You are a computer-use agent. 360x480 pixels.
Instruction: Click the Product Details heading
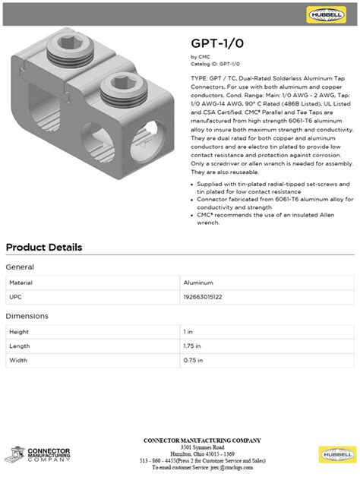tap(44, 248)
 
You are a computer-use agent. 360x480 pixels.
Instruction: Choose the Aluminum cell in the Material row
tap(198, 282)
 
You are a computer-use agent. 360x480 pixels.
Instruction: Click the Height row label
tap(19, 332)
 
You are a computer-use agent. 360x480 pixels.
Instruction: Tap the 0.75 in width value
tap(194, 360)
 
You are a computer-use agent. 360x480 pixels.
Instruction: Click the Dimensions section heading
tap(27, 316)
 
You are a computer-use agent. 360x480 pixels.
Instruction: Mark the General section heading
tap(20, 267)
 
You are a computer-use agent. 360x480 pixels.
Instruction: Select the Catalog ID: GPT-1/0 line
tap(215, 64)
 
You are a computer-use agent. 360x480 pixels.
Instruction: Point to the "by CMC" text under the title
tap(200, 57)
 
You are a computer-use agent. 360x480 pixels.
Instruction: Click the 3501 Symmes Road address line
tap(201, 447)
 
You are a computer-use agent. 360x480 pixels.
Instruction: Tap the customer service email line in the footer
tap(201, 467)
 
